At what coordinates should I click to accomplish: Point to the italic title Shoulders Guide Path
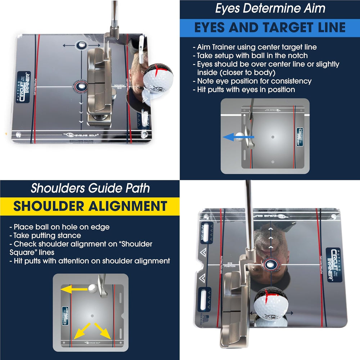pyautogui.click(x=90, y=188)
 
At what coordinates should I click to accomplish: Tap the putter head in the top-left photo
pyautogui.click(x=99, y=86)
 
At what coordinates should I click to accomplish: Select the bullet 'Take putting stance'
pyautogui.click(x=47, y=235)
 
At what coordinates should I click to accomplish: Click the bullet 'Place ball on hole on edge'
pyautogui.click(x=59, y=227)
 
